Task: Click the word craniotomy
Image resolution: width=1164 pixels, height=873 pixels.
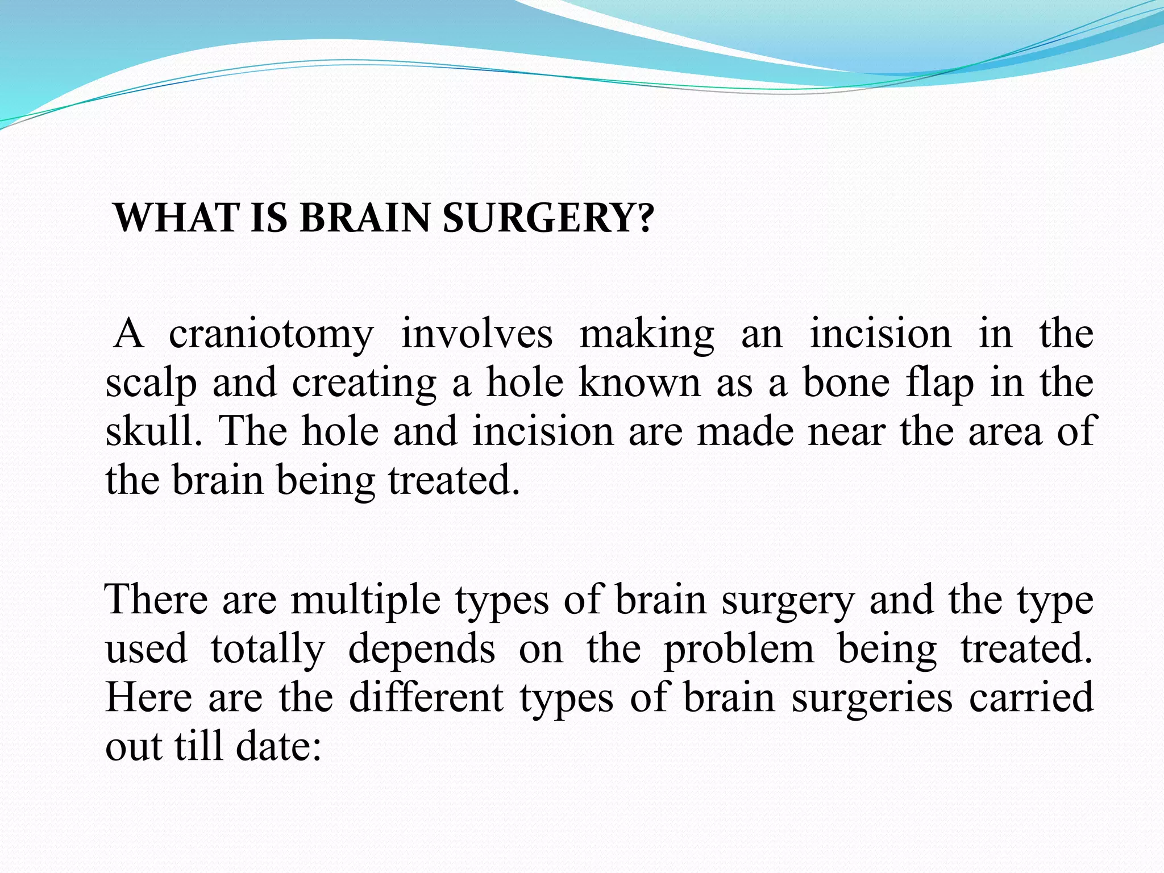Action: pyautogui.click(x=271, y=335)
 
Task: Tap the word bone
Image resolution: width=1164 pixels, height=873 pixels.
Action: pyautogui.click(x=846, y=383)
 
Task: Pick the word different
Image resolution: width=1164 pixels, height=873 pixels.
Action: pyautogui.click(x=426, y=698)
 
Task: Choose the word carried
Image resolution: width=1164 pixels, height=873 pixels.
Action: pyautogui.click(x=1031, y=698)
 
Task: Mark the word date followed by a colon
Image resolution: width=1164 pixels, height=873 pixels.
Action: pyautogui.click(x=278, y=746)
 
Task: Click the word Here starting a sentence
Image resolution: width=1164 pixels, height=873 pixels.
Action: pyautogui.click(x=149, y=698)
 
